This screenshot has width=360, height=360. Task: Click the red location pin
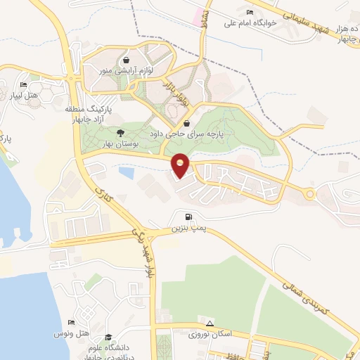[x=181, y=165]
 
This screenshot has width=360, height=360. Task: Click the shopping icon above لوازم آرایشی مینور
[x=125, y=60]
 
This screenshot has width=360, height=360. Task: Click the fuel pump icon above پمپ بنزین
[x=188, y=218]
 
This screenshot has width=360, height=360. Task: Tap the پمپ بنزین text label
[x=187, y=229]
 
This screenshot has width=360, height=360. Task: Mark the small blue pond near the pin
[x=127, y=172]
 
